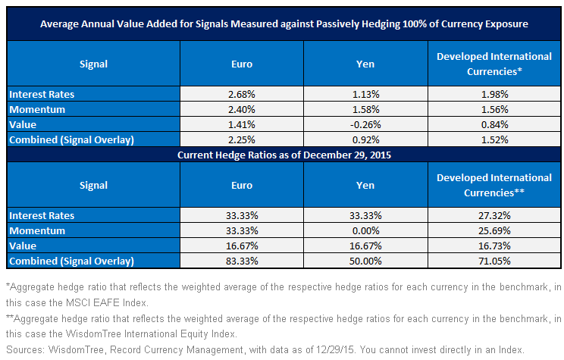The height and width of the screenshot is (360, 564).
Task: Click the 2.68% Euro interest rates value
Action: pos(242,94)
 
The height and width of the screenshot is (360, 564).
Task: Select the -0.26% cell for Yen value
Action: pos(365,124)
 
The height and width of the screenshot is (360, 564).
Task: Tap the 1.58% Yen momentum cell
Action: pos(365,109)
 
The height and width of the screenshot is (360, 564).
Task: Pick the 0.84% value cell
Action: pos(494,124)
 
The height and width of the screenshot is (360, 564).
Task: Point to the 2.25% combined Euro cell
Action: pos(242,139)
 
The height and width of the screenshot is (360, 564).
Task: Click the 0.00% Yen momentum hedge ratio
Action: pos(365,230)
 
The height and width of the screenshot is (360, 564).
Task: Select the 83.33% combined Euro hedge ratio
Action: pos(242,261)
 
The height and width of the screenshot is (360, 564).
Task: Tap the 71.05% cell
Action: pos(494,261)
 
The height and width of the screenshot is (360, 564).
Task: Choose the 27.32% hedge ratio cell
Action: pos(494,215)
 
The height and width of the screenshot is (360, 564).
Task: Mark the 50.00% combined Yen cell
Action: pos(365,261)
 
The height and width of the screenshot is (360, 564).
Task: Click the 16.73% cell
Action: pos(494,246)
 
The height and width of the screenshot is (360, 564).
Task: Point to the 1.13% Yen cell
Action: pos(365,94)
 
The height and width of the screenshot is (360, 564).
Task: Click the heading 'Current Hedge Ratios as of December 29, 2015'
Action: pos(284,155)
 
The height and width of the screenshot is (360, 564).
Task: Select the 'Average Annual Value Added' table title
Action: pos(284,23)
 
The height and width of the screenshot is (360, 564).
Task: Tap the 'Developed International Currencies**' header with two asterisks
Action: pos(494,185)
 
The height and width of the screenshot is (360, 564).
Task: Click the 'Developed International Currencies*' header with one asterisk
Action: pos(494,64)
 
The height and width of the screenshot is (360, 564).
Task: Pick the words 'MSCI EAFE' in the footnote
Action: pos(92,303)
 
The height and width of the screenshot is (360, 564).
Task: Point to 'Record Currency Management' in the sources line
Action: pos(177,349)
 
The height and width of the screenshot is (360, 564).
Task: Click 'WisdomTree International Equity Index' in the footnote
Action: pos(150,334)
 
